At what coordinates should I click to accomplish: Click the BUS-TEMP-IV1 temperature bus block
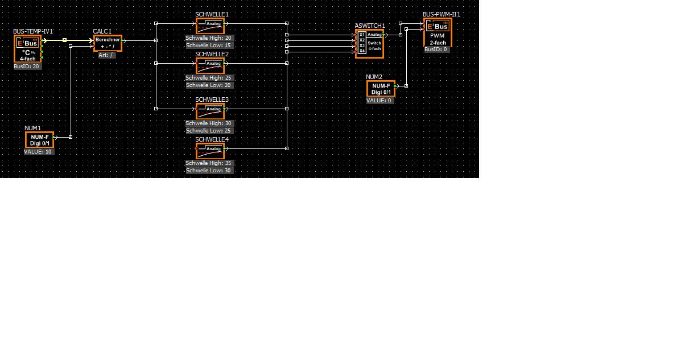tap(28, 49)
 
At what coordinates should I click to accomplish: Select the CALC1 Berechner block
tap(108, 43)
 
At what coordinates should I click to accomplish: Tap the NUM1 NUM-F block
tap(39, 140)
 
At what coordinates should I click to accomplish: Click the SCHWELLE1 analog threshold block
tap(210, 26)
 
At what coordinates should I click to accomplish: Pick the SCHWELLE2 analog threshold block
tap(210, 65)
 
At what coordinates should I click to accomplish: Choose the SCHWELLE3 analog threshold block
tap(210, 111)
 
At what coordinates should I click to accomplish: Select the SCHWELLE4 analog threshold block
tap(210, 151)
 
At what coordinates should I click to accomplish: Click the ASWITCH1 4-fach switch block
tap(370, 43)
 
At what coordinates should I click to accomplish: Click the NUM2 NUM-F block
tap(381, 89)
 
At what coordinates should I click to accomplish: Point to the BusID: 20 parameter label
tap(27, 67)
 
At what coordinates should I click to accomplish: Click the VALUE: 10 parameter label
tap(39, 152)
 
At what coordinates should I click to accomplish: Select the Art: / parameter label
tap(106, 55)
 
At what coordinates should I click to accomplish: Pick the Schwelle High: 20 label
tap(209, 38)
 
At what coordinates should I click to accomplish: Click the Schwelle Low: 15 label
tap(209, 45)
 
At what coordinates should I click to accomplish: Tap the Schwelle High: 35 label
tap(209, 163)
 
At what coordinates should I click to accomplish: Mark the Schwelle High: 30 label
tap(209, 123)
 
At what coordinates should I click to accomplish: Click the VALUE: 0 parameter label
tap(379, 101)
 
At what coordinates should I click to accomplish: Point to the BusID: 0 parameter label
tap(436, 49)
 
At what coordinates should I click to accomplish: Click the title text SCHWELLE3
tap(212, 100)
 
